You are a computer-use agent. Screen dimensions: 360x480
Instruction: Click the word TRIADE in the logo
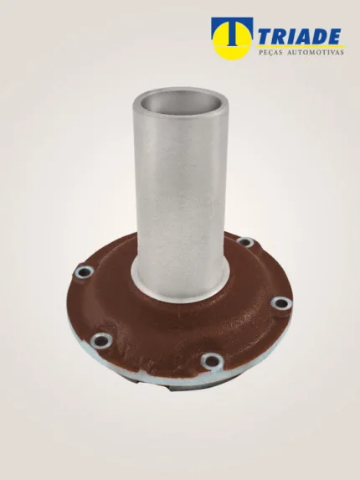point(300,36)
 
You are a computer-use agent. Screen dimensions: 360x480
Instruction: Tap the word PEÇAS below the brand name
point(270,53)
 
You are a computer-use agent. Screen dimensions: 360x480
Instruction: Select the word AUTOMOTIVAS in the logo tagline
point(316,53)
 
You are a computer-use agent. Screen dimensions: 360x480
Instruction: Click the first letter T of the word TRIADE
point(267,37)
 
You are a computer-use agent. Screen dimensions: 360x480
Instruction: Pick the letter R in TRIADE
point(280,37)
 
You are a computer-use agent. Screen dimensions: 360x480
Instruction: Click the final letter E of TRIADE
point(334,37)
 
